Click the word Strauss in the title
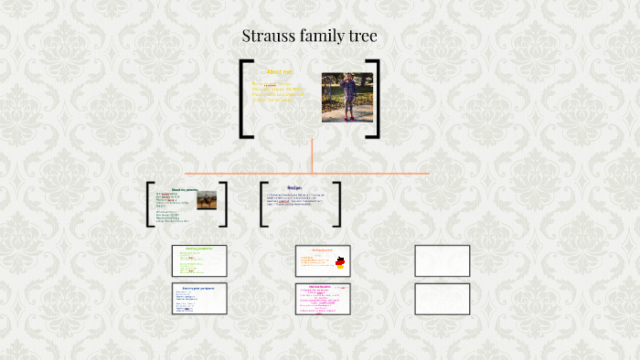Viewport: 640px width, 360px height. pos(268,37)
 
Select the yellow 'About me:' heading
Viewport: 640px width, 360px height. pos(279,71)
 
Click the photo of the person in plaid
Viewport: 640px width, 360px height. pos(347,97)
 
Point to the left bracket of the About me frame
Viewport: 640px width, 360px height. pos(244,99)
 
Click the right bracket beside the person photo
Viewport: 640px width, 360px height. pos(375,99)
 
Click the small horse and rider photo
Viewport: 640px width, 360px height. pos(207,199)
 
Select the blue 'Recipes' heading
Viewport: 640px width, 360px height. pos(294,187)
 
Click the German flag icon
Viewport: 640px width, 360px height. pos(340,263)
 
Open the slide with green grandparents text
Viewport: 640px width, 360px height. pos(199,260)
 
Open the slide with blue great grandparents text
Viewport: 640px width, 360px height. pos(199,299)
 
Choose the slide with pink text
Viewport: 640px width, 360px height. pos(323,299)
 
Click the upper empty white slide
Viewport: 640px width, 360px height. pos(443,260)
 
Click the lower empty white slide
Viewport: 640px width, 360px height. pos(443,299)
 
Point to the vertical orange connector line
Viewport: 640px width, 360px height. pos(312,155)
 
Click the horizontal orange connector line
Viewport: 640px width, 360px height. pos(384,173)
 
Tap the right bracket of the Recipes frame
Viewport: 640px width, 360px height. pos(337,204)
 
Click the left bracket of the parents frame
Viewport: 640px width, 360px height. pos(149,204)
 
